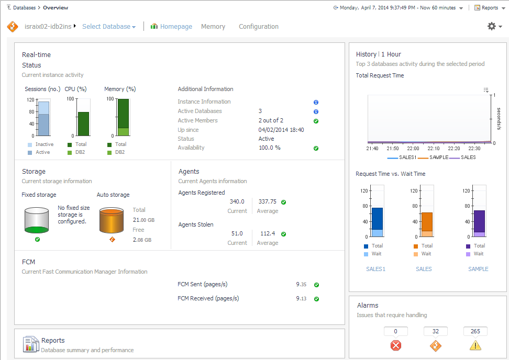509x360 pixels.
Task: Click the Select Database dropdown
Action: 109,27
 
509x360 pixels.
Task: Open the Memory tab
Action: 213,27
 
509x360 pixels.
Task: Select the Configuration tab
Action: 259,27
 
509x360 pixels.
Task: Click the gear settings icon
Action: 492,26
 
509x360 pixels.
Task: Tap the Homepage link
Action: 176,27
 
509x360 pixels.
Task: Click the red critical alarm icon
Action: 396,345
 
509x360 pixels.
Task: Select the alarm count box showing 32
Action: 436,331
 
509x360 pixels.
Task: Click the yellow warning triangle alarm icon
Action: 475,345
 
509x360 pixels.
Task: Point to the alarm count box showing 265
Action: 475,331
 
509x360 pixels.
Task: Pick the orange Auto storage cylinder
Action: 112,220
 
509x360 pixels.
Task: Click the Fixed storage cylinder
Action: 37,220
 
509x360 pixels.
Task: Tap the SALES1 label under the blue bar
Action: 375,269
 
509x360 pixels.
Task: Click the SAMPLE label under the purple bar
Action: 478,269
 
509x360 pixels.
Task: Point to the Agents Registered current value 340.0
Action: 237,201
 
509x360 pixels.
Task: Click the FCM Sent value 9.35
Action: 301,285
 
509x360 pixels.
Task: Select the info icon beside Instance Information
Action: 316,102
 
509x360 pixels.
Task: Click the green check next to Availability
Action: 316,148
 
